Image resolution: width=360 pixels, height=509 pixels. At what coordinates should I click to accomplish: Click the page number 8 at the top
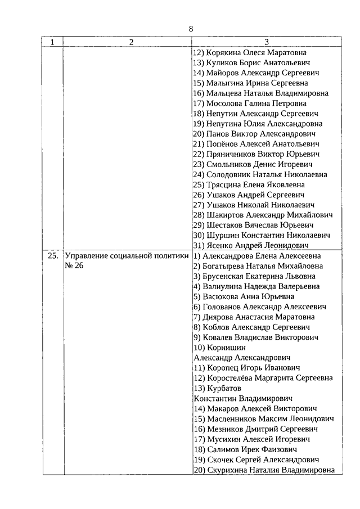point(191,29)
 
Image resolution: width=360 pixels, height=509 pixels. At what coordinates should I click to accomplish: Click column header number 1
point(53,42)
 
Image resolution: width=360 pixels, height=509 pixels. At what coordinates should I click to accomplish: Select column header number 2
point(130,42)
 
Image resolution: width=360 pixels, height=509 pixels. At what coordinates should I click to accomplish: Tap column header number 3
point(267,42)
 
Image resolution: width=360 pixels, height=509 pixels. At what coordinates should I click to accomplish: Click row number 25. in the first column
point(52,256)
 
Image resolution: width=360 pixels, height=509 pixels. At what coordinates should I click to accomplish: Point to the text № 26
point(74,266)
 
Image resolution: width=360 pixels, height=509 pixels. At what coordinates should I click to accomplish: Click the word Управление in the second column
point(88,256)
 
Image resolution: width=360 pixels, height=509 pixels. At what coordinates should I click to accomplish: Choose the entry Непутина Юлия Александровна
point(264,123)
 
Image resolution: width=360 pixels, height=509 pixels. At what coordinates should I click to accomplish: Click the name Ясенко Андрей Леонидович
point(258,245)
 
